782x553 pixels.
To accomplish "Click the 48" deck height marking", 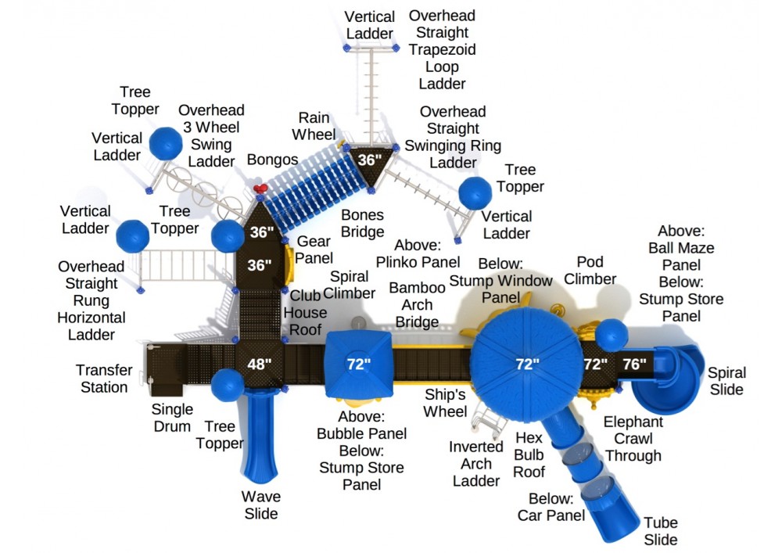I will tap(260, 364).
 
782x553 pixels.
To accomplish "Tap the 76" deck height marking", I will tap(634, 364).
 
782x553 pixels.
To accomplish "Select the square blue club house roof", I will tap(358, 363).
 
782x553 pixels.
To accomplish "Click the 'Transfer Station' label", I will tap(102, 379).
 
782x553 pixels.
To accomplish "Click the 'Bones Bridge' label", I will tap(362, 223).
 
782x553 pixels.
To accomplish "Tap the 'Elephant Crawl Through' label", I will tap(633, 439).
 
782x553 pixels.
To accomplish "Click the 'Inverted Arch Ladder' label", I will tap(476, 464).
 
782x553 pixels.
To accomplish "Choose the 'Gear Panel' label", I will tap(314, 250).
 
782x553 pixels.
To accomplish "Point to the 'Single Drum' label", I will tap(172, 418).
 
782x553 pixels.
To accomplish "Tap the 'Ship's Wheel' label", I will tap(447, 403).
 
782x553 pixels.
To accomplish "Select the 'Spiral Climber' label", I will tap(349, 285).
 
